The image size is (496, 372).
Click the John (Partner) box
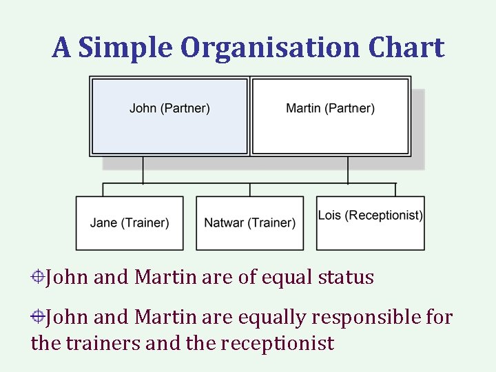(169, 116)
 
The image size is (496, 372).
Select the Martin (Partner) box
(331, 116)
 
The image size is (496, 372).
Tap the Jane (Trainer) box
(130, 223)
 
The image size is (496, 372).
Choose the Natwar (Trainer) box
(249, 223)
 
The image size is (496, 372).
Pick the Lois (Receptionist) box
(371, 223)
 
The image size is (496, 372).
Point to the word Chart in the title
(406, 48)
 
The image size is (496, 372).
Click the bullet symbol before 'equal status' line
(38, 278)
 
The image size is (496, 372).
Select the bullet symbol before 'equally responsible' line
(38, 318)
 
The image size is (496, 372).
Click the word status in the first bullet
(346, 278)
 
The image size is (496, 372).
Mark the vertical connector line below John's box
(143, 169)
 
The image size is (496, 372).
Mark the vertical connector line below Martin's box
(348, 169)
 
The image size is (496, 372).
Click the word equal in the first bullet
(285, 278)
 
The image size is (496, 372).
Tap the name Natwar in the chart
(224, 223)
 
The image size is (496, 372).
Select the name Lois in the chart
(330, 216)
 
